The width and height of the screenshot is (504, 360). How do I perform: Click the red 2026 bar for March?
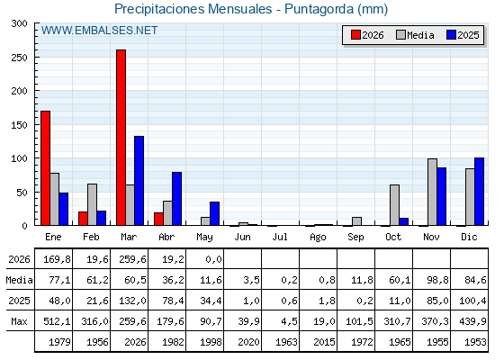coord(121,138)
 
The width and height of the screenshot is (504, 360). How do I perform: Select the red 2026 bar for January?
coord(45,168)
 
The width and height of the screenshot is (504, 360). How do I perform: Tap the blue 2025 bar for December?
coord(479,192)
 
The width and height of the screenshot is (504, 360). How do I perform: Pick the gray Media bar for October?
coord(394,205)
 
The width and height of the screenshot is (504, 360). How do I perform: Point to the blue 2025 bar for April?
coord(176,199)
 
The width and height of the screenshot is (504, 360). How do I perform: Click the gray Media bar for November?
coord(432,192)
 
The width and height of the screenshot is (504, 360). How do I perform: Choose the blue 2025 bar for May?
coord(215,214)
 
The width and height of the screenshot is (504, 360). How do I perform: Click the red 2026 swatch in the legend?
coord(355,35)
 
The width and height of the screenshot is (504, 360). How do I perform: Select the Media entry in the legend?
coord(415,35)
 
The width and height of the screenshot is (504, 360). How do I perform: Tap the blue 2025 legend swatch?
coord(451,35)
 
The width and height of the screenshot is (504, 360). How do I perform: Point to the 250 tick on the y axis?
coord(36,58)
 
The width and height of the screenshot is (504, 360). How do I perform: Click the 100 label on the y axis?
coord(19,158)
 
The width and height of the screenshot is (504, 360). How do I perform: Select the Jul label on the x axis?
coord(280,237)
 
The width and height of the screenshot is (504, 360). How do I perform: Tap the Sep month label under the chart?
coord(355,238)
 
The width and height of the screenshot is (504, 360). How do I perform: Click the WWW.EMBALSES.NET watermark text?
coord(99,31)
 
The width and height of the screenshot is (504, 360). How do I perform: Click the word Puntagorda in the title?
coord(319,9)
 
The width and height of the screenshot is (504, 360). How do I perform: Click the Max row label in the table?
coord(19,321)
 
